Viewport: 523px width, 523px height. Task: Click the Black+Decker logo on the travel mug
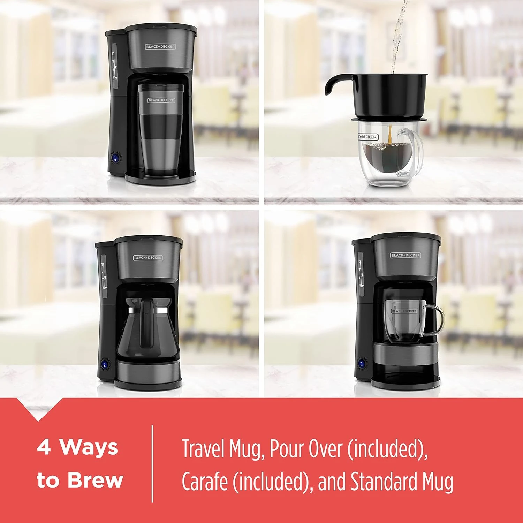point(161,100)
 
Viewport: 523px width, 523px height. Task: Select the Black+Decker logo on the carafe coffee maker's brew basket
point(148,258)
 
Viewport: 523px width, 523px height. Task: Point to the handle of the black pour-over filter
point(333,85)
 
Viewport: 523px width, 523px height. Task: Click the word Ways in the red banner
point(89,447)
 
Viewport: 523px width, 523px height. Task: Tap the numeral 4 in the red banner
point(44,447)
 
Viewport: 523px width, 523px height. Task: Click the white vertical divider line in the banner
point(152,464)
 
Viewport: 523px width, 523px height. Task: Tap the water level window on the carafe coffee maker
point(103,275)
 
